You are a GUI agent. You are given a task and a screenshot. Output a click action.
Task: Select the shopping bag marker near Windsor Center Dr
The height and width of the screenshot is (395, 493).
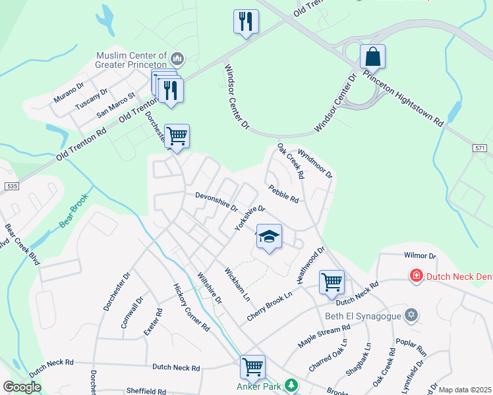[x=372, y=57]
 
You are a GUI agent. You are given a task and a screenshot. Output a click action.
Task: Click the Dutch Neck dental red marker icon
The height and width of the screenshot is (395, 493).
[x=416, y=275]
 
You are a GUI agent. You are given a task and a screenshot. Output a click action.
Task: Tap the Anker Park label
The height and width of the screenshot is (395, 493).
[x=259, y=386]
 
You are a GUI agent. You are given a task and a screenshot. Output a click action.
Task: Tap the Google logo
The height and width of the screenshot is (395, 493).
[x=22, y=386]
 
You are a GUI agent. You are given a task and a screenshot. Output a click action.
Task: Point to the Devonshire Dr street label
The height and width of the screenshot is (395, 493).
[x=216, y=201]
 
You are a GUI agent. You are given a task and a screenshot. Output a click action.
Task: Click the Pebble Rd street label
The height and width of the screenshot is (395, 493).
[x=284, y=194]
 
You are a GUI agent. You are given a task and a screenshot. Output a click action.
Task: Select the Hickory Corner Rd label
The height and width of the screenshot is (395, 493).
[x=191, y=306]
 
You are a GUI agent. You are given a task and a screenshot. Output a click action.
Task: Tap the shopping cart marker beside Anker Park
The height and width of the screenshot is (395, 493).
[x=252, y=368]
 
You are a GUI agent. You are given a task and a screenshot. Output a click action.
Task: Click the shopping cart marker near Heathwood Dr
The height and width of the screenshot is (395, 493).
[x=332, y=282]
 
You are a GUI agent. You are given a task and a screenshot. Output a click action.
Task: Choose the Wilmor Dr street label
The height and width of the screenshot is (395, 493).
[x=419, y=255]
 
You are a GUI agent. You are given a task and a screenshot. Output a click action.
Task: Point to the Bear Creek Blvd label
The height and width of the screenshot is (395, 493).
[x=22, y=244]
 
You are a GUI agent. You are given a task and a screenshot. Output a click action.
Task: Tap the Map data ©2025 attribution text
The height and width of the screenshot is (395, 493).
[x=465, y=390]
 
